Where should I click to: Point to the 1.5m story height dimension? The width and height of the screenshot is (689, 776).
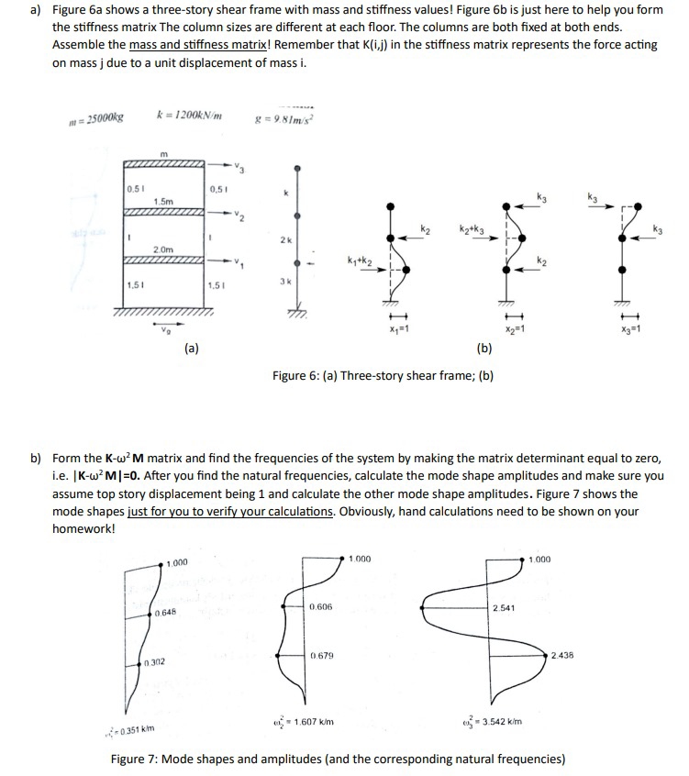pyautogui.click(x=164, y=200)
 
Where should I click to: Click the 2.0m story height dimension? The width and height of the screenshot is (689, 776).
pyautogui.click(x=164, y=249)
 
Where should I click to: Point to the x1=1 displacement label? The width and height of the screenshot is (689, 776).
pyautogui.click(x=397, y=327)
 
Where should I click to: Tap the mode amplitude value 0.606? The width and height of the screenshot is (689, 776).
pyautogui.click(x=320, y=607)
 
